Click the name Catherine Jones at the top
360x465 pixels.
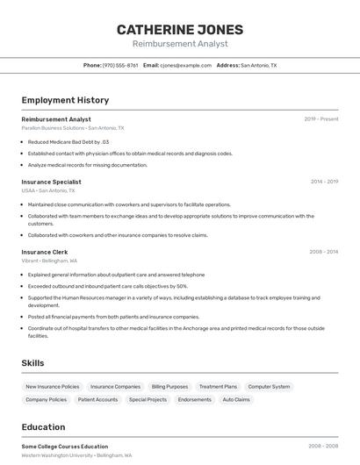(180, 30)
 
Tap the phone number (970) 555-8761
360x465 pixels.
(120, 65)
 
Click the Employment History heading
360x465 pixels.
(65, 100)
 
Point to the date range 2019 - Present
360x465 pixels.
(321, 119)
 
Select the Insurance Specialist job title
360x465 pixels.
(51, 182)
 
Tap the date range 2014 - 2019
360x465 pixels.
(324, 182)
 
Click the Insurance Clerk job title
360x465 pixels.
(44, 252)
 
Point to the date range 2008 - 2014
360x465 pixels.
(323, 252)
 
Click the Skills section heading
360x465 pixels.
(32, 363)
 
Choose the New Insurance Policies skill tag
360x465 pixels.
(53, 386)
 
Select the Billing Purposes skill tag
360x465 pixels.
(169, 386)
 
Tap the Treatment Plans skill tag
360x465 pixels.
(218, 386)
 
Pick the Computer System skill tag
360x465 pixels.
(269, 386)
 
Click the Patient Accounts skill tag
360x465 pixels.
(97, 399)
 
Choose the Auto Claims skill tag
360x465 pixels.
(236, 399)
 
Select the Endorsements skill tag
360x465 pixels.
(194, 399)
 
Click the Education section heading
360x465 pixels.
(45, 427)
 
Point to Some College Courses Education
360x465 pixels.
(65, 447)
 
